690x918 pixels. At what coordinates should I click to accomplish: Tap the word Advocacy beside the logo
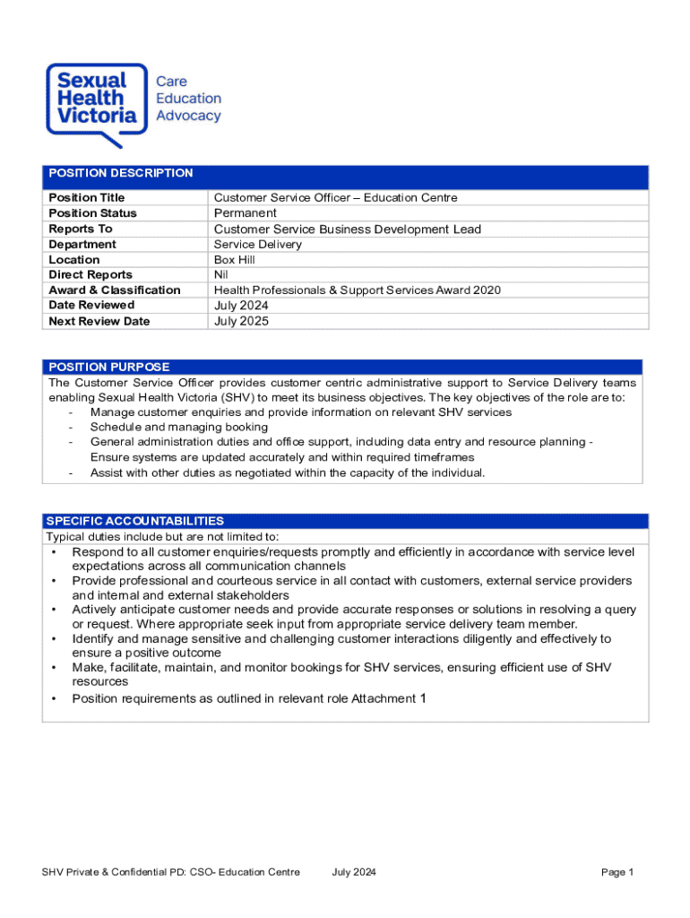[188, 116]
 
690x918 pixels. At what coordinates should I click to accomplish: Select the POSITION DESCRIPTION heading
[120, 173]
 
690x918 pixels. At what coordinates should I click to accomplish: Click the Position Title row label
[87, 197]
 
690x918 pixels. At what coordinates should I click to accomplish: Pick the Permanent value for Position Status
[245, 213]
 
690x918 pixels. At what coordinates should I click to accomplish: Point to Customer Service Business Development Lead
[347, 229]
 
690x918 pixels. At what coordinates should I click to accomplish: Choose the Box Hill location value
[234, 260]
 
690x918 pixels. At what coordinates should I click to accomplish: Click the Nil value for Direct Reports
[220, 275]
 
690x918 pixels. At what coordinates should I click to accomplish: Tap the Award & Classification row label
[115, 290]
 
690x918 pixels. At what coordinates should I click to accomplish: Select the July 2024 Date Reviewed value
[241, 306]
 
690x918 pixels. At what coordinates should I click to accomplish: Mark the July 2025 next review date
[241, 321]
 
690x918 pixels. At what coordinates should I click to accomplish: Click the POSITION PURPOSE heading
[109, 367]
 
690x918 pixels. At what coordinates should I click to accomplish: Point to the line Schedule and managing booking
[178, 428]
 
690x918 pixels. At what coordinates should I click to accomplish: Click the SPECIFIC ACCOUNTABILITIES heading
[134, 521]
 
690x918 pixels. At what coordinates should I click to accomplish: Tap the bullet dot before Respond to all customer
[55, 552]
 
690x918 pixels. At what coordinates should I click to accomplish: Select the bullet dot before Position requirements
[55, 699]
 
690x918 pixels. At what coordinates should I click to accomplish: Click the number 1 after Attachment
[423, 698]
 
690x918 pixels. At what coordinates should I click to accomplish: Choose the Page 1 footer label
[617, 873]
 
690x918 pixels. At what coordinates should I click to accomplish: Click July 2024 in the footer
[354, 873]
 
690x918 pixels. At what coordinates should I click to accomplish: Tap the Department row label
[82, 245]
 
